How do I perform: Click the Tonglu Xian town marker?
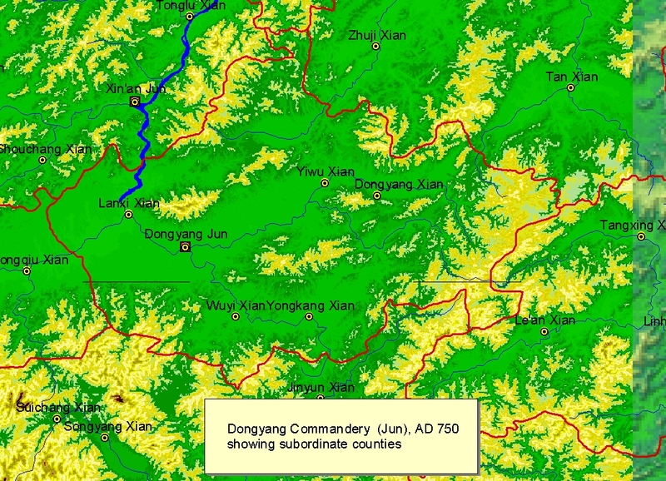point(190,16)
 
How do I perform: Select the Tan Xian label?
point(571,77)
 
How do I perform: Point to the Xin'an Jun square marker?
point(135,102)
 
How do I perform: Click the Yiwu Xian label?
point(326,172)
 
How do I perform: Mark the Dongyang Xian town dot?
point(377,196)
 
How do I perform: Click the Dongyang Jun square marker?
point(186,247)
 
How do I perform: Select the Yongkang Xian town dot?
point(310,316)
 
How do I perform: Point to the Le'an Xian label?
point(545,320)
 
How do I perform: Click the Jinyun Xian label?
point(321,388)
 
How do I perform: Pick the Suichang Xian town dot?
point(57,418)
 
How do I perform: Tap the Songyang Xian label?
point(120,427)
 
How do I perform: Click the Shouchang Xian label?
point(46,149)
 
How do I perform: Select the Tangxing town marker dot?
point(641,236)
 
